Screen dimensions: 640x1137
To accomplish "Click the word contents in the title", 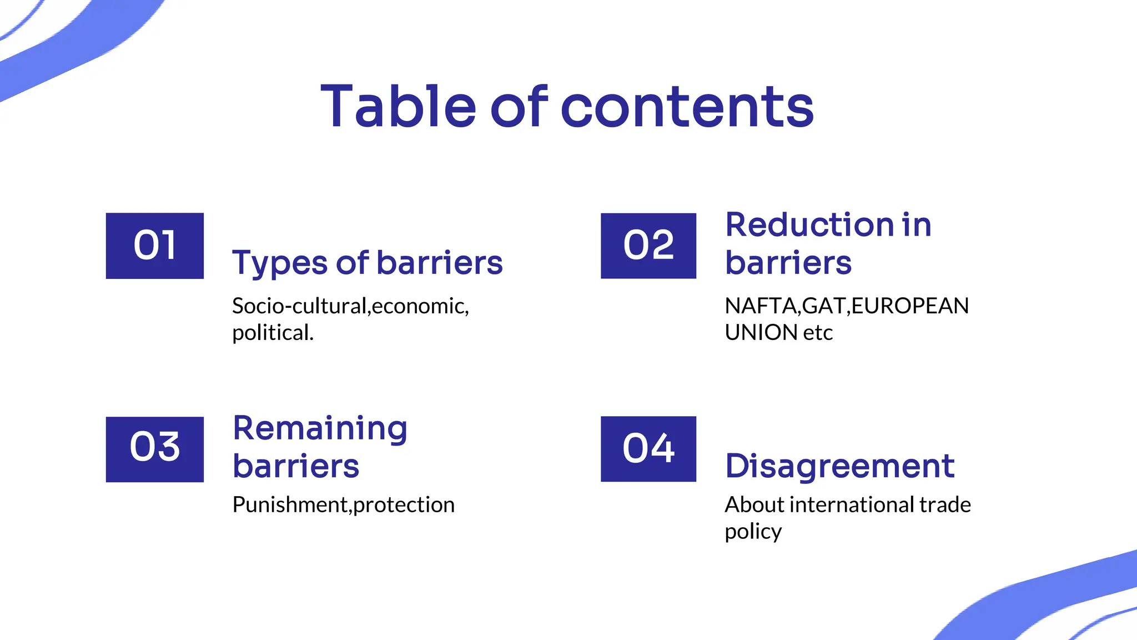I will coord(687,107).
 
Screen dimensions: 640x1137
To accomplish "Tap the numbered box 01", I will coord(155,246).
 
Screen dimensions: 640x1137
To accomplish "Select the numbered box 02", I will coord(648,246).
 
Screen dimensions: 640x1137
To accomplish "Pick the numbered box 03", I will coord(155,449).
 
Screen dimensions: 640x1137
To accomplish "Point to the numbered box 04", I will coord(648,449).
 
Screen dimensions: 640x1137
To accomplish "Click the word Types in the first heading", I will coord(280,263).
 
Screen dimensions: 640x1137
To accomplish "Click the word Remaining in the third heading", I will coord(320,429).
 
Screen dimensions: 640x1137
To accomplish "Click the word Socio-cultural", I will coord(299,306).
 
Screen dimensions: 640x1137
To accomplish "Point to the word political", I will coord(273,333).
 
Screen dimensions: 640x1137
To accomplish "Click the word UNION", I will coord(761,333).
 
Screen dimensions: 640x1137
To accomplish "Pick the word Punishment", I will coord(290,505).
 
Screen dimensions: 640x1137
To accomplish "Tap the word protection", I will coord(404,505).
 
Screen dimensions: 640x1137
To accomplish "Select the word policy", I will coord(753,532).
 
